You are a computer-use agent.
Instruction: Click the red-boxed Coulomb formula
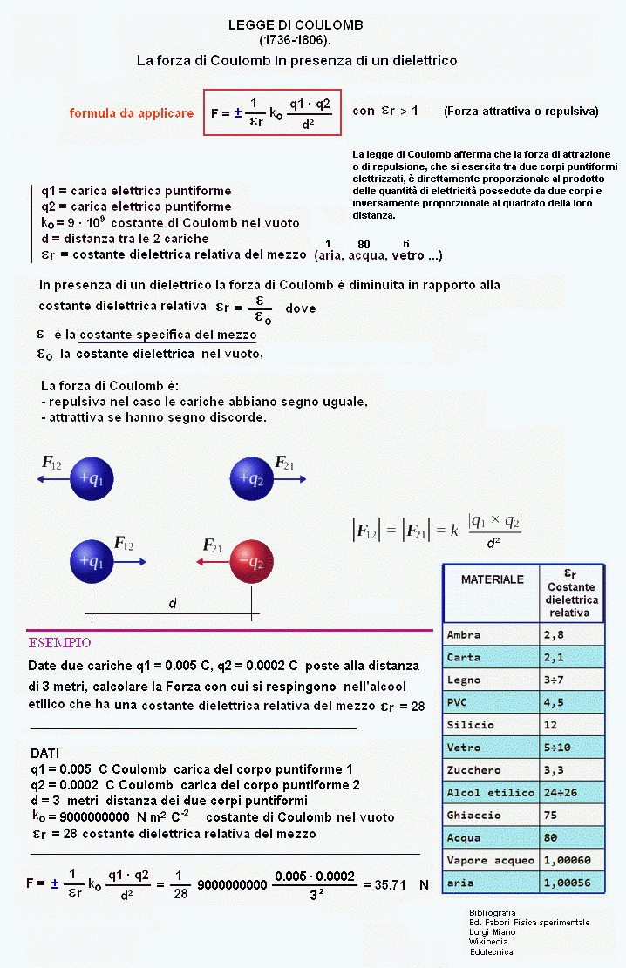pyautogui.click(x=272, y=112)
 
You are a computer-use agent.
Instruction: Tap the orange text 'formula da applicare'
pyautogui.click(x=132, y=113)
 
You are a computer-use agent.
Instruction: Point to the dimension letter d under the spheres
pyautogui.click(x=173, y=603)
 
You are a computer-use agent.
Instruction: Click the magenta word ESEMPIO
pyautogui.click(x=60, y=643)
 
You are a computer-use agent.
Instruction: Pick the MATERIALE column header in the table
pyautogui.click(x=493, y=579)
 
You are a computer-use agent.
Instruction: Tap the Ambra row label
pyautogui.click(x=464, y=634)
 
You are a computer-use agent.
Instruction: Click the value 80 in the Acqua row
pyautogui.click(x=552, y=838)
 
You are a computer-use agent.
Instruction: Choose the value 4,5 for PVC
pyautogui.click(x=555, y=702)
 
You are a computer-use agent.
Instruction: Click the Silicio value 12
pyautogui.click(x=551, y=725)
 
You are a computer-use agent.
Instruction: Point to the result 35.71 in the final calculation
pyautogui.click(x=390, y=884)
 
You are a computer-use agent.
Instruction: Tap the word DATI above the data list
pyautogui.click(x=45, y=753)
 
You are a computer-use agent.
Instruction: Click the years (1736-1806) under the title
pyautogui.click(x=296, y=40)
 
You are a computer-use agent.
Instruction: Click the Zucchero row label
pyautogui.click(x=473, y=770)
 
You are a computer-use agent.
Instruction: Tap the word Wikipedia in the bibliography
pyautogui.click(x=488, y=942)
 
